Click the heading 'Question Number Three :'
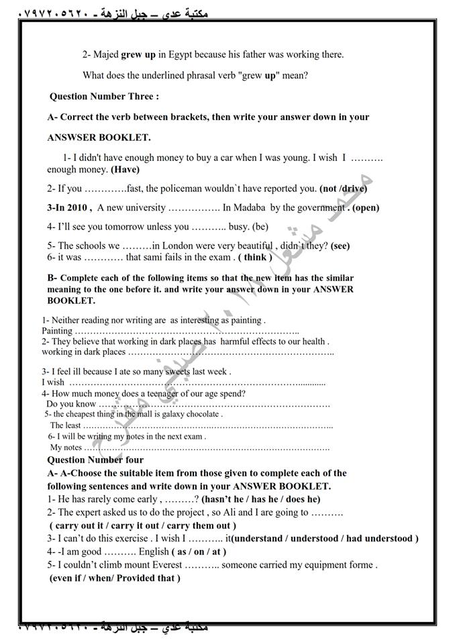(104, 97)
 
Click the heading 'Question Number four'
(95, 460)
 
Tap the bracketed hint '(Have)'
(125, 170)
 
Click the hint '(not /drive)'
(344, 189)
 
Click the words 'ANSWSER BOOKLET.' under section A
(99, 138)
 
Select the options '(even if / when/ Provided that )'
(115, 578)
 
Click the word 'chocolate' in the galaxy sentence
(200, 415)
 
